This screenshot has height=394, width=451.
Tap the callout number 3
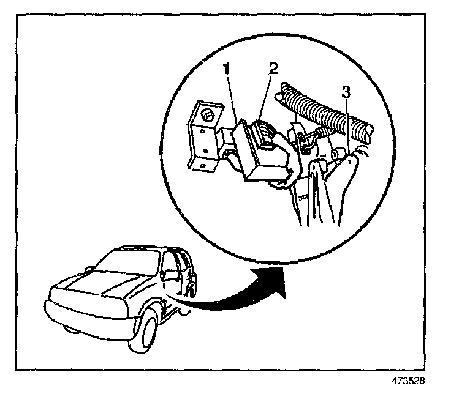point(346,94)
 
